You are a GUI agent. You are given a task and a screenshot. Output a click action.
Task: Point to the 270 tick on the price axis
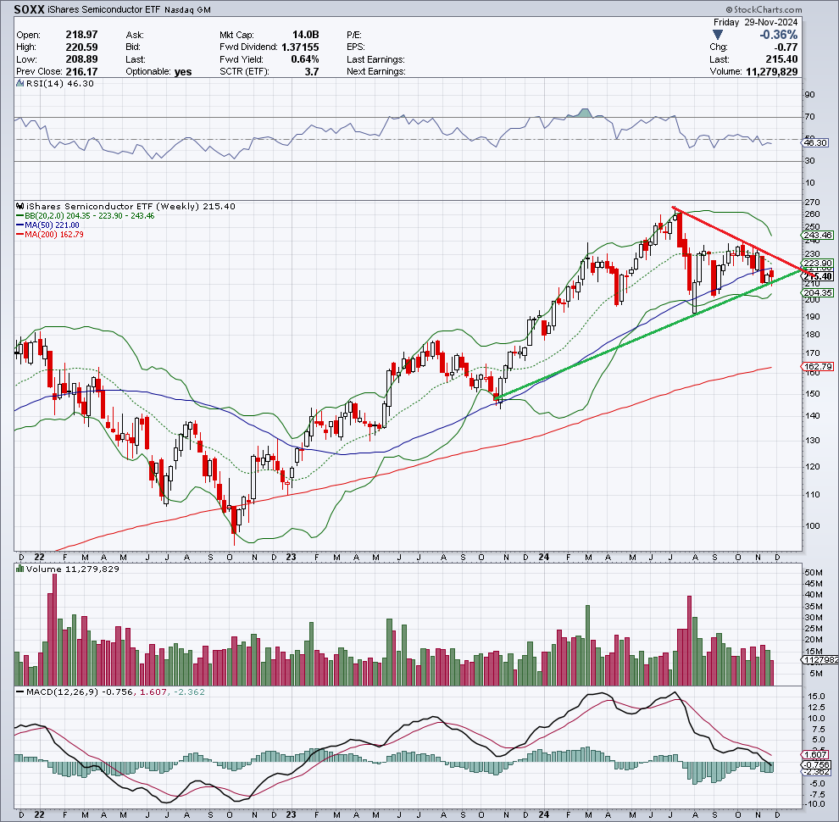coord(811,203)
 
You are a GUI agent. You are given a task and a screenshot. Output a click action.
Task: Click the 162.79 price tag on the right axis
coord(818,367)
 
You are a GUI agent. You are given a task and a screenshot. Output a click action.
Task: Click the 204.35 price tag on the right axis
coord(818,292)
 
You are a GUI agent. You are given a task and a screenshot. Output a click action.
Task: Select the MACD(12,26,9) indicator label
coord(58,692)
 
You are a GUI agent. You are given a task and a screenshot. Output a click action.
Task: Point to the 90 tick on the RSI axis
coord(809,95)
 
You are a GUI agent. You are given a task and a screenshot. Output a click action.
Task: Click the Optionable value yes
coord(183,72)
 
